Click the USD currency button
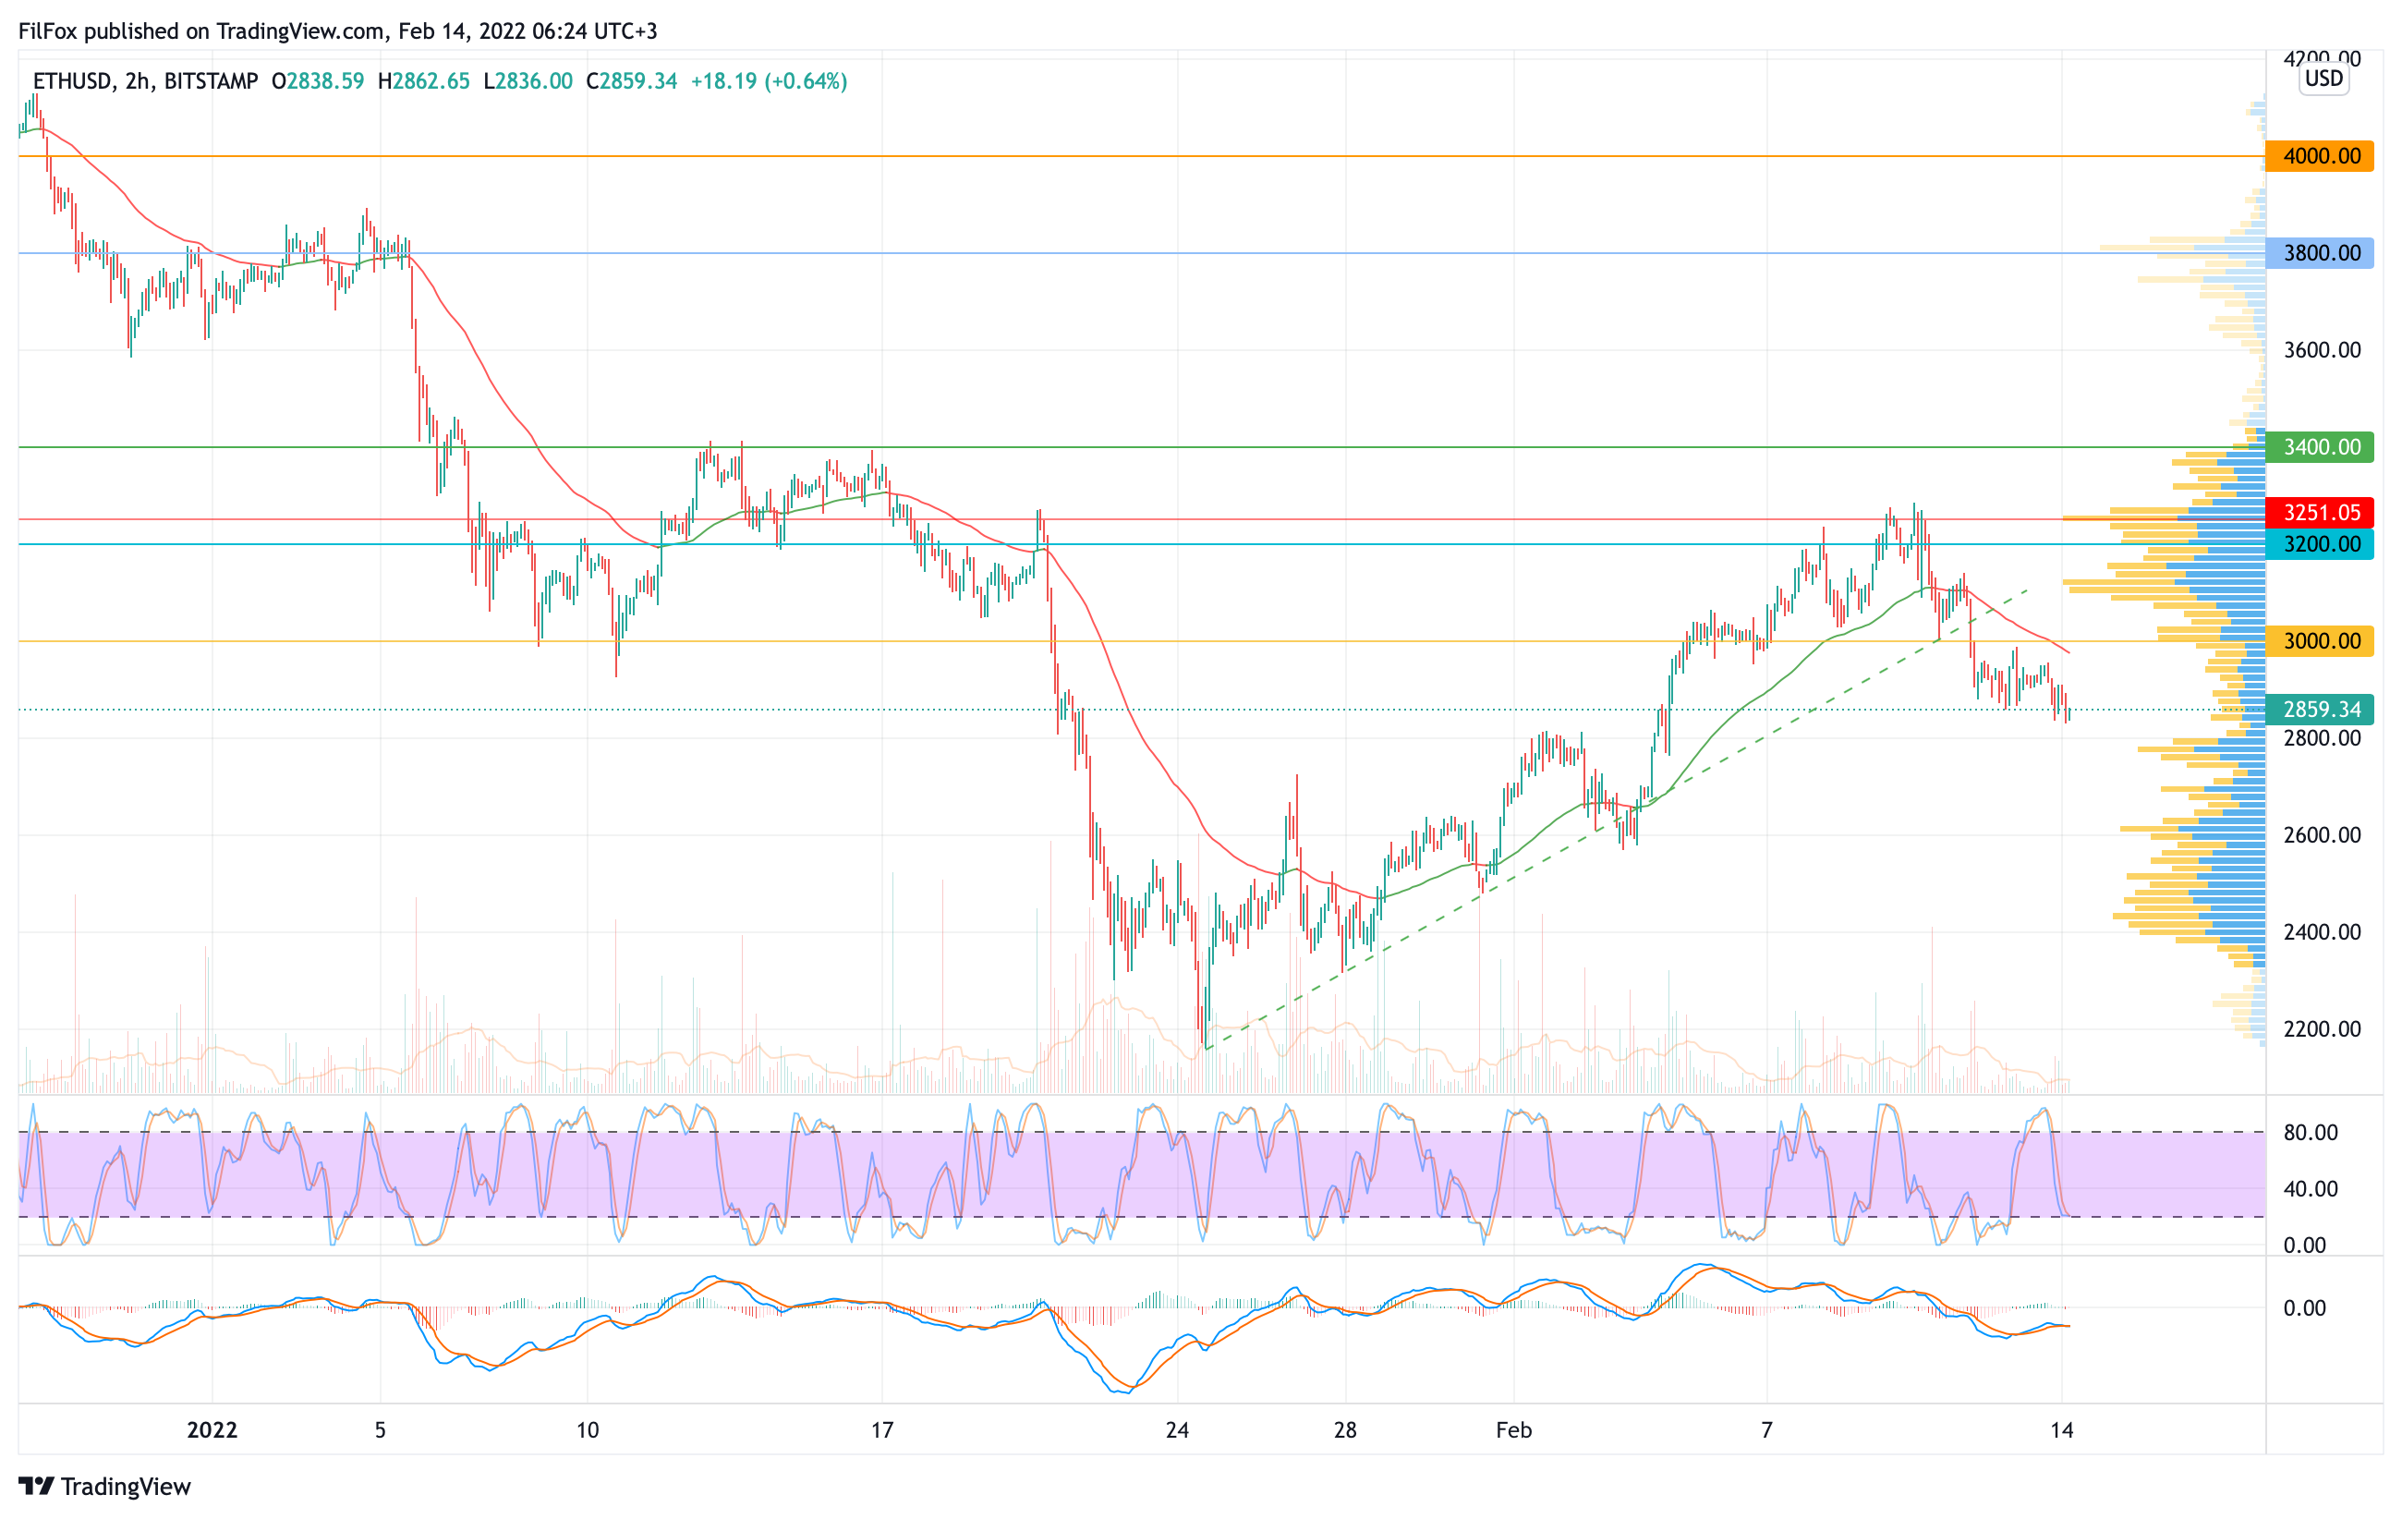pos(2323,79)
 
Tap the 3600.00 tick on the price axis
pos(2323,350)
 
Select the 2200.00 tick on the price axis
pos(2323,1029)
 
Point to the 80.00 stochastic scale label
pos(2311,1133)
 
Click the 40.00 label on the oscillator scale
pos(2311,1189)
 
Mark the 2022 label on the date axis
pos(212,1430)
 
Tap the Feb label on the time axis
pos(1513,1430)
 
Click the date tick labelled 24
pos(1177,1430)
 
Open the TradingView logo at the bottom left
pos(104,1486)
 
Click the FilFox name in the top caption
pos(48,30)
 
